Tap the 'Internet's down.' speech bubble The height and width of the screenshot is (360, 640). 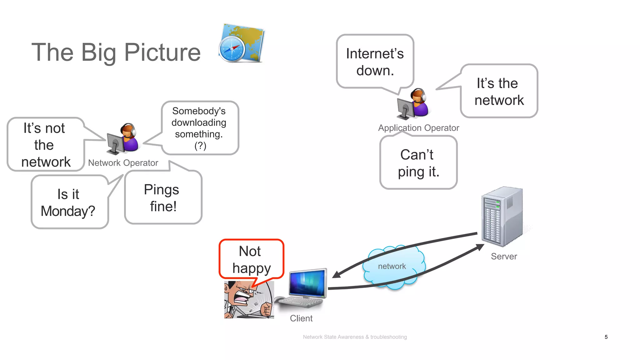point(375,62)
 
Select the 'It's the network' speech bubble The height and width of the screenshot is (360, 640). point(499,91)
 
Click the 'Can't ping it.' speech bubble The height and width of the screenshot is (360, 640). point(418,163)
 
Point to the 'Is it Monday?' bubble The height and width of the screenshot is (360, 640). point(68,202)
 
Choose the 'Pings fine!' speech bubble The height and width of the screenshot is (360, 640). point(163,197)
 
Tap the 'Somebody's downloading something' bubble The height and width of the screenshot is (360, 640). point(199,128)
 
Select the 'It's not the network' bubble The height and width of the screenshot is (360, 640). point(45,145)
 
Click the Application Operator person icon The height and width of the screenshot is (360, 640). point(413,104)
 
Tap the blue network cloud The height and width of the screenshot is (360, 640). point(392,267)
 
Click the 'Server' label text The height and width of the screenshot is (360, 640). point(503,257)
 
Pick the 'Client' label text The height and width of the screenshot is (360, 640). point(301,318)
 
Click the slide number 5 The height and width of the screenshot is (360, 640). point(606,337)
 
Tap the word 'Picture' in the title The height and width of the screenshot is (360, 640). point(162,52)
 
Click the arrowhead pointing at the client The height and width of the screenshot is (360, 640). point(336,274)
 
